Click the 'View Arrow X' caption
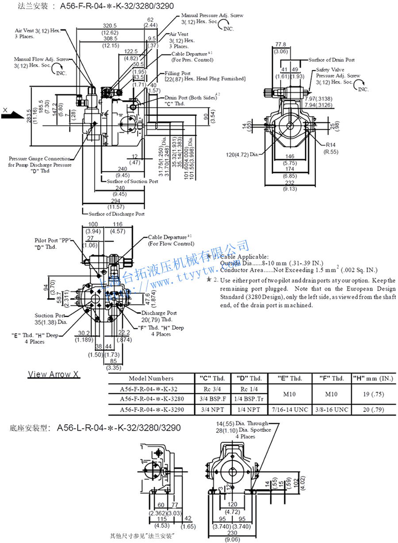(x=54, y=374)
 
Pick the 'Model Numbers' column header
(x=151, y=378)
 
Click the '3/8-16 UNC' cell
(x=332, y=410)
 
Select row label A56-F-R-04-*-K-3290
(x=151, y=410)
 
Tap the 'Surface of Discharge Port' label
(x=116, y=214)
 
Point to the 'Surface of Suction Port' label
(x=132, y=181)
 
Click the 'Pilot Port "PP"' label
(x=53, y=240)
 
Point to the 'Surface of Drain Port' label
(x=331, y=60)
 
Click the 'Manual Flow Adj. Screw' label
(x=41, y=59)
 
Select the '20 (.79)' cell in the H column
(x=374, y=410)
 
